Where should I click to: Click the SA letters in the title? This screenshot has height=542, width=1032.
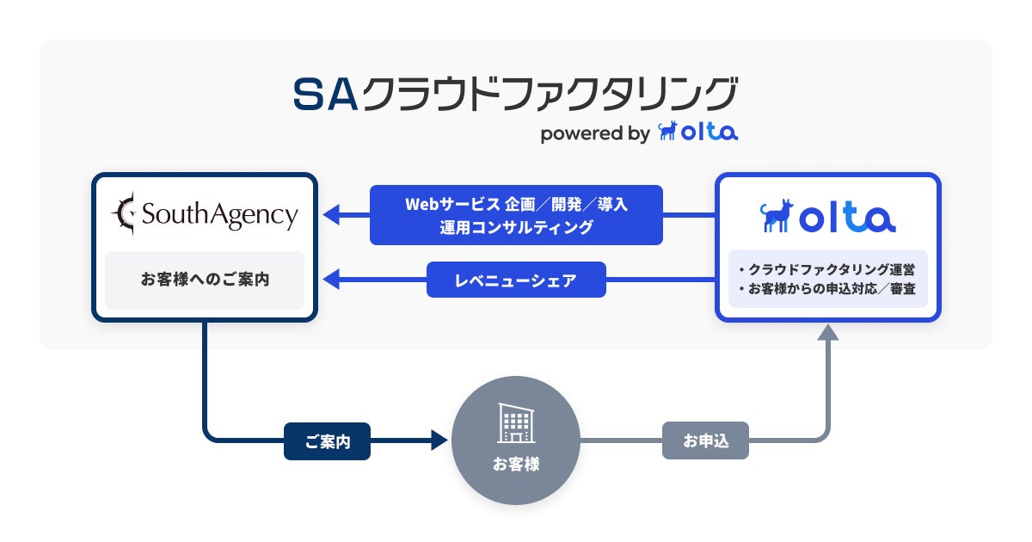coord(326,94)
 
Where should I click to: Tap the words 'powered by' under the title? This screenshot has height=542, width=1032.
coord(595,133)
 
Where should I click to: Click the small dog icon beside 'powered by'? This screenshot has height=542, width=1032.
coord(667,131)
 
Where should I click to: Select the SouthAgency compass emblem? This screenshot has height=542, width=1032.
coord(124,213)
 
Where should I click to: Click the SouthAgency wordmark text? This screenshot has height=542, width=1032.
coord(220,215)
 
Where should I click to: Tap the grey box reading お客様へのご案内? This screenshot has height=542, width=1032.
coord(205,280)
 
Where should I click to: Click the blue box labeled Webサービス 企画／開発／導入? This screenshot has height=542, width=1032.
coord(516,215)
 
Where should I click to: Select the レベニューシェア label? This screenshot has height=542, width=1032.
coord(516,280)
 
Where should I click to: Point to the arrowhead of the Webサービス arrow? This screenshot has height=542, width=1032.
coord(331,215)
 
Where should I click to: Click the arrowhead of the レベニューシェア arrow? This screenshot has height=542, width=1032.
coord(331,280)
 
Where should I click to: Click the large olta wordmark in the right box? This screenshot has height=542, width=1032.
coord(847,217)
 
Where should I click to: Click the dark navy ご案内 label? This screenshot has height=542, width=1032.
coord(327,441)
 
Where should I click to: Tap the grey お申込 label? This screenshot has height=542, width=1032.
coord(705,440)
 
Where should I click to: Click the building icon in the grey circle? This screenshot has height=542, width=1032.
coord(516,423)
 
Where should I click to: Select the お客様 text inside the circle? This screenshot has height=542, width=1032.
coord(516,464)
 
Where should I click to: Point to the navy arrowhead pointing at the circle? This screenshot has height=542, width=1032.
coord(439,440)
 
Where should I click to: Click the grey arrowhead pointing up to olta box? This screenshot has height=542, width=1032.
coord(828,332)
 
